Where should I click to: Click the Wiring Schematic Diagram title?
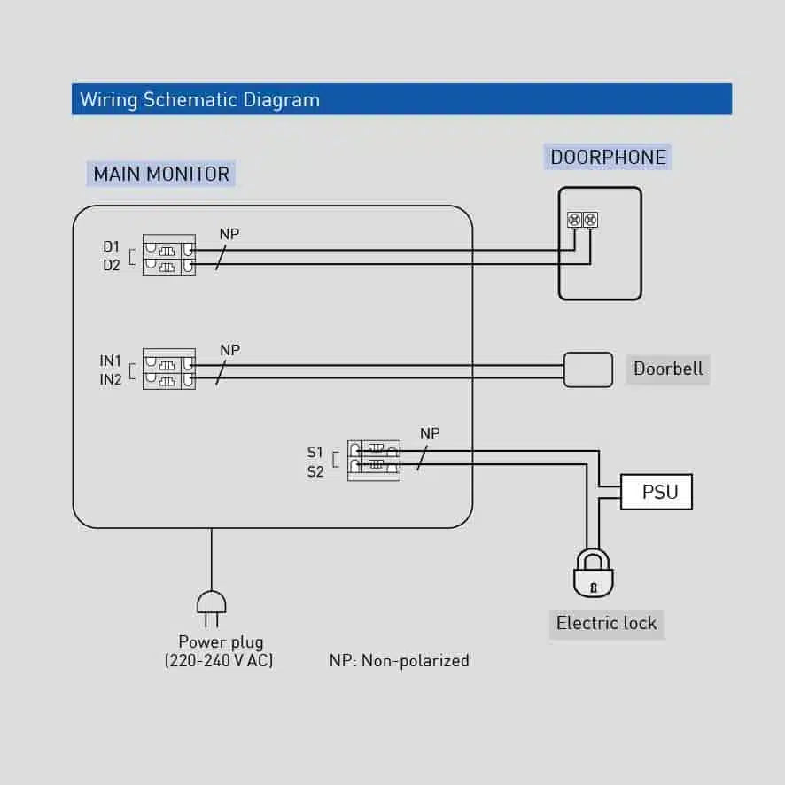(x=199, y=99)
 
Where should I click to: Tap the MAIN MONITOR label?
(x=161, y=174)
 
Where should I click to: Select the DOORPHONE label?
(x=608, y=158)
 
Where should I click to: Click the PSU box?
(x=656, y=492)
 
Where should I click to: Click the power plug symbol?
(x=211, y=604)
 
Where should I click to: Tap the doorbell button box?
(x=588, y=369)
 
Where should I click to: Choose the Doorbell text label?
(x=668, y=369)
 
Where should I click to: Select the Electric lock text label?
(x=606, y=623)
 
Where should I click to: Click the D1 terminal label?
(x=111, y=246)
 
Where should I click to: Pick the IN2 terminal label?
(x=111, y=380)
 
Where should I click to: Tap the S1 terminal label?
(x=315, y=453)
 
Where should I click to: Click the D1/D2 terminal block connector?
(x=168, y=255)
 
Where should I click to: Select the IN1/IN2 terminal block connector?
(x=168, y=369)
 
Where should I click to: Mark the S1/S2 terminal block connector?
(x=373, y=460)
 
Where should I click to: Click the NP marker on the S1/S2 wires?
(x=430, y=433)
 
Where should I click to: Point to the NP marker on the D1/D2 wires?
(x=229, y=235)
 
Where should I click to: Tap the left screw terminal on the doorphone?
(x=573, y=219)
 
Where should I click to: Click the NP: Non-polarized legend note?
(x=399, y=660)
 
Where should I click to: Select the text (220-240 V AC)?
(x=219, y=660)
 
